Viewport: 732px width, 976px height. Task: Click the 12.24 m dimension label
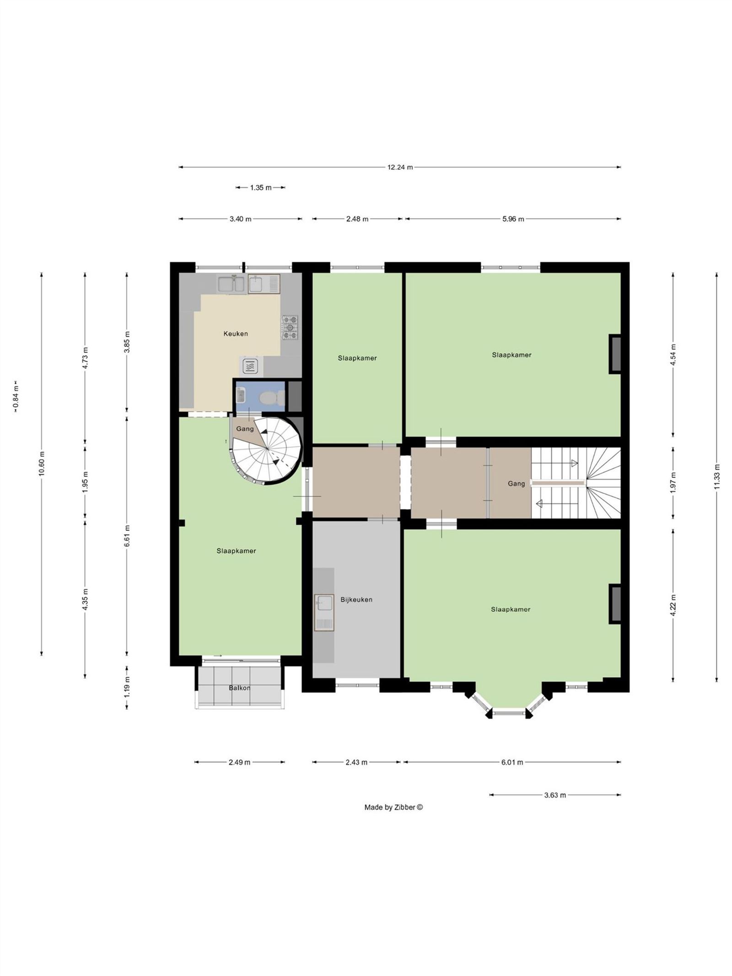coord(400,167)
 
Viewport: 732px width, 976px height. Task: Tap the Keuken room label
coord(236,334)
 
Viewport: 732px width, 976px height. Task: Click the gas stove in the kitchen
coord(290,327)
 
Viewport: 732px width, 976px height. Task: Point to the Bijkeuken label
coord(356,599)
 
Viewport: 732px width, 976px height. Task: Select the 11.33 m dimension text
coord(716,476)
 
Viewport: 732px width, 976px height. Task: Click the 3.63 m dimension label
coord(555,795)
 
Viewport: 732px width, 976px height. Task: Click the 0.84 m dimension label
coord(16,396)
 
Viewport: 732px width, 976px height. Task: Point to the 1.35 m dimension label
coord(261,187)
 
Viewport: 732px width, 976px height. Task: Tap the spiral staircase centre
coord(267,449)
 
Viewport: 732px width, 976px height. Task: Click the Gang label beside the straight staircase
coord(517,484)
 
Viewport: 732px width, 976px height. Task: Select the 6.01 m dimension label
coord(512,762)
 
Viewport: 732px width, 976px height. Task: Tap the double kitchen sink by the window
coord(231,284)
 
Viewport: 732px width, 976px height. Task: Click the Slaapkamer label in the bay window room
coord(511,609)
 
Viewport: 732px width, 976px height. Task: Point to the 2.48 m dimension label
coord(357,219)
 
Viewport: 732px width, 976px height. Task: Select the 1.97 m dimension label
coord(673,483)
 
